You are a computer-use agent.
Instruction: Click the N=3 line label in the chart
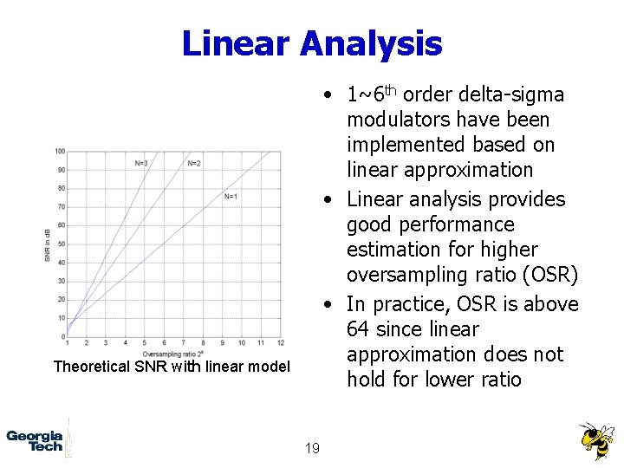coord(140,163)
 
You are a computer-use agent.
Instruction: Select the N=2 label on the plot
coord(194,163)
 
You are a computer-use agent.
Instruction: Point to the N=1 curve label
coord(231,197)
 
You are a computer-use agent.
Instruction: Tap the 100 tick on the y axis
coord(60,152)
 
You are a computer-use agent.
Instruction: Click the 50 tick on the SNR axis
coord(61,244)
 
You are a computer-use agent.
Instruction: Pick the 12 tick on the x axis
coord(281,344)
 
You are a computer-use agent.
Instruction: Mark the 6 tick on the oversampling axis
coord(165,344)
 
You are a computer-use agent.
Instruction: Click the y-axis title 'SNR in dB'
coord(48,244)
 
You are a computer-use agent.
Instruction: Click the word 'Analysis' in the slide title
coord(371,43)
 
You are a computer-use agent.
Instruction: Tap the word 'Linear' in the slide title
coord(236,43)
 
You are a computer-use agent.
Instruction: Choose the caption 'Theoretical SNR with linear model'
coord(172,367)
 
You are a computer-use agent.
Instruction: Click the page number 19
coord(312,448)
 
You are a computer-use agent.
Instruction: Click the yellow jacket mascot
coord(595,440)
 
